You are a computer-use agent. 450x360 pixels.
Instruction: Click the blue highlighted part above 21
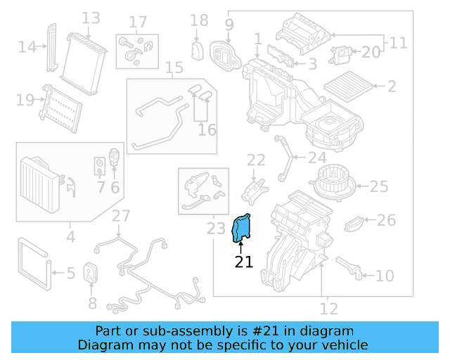pos(243,228)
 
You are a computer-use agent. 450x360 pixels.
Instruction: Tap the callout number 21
pos(243,262)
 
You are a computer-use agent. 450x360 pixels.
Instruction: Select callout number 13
pos(91,18)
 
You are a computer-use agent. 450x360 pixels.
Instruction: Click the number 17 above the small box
pos(138,22)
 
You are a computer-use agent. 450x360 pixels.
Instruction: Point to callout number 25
pos(379,186)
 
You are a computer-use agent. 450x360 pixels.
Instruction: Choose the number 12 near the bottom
pos(328,308)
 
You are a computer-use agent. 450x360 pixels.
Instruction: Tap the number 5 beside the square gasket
pos(70,273)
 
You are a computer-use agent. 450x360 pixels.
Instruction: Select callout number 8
pos(91,304)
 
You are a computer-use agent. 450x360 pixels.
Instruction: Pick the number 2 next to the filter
pos(392,87)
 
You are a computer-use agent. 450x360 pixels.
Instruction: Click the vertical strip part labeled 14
pos(52,48)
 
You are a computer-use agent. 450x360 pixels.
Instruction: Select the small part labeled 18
pos(198,51)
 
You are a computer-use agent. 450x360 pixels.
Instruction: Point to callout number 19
pos(25,101)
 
